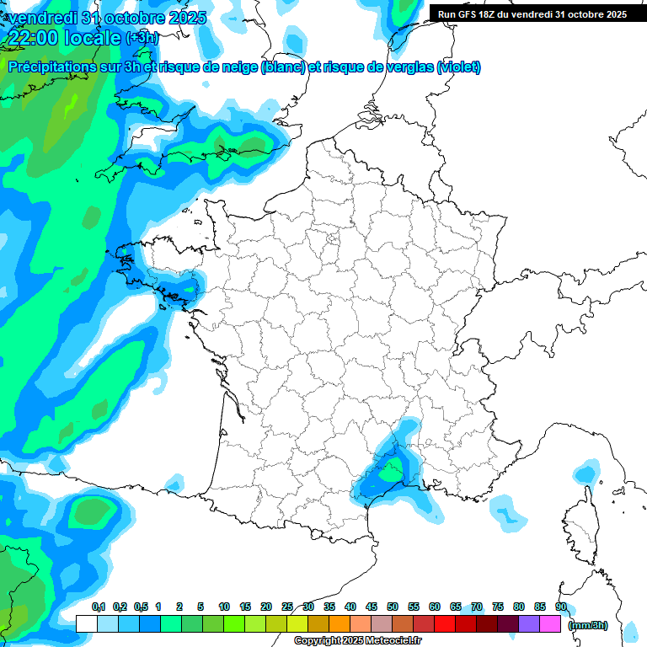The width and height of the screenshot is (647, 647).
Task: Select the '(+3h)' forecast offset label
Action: pyautogui.click(x=142, y=38)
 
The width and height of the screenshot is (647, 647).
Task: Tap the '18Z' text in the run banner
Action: pyautogui.click(x=495, y=14)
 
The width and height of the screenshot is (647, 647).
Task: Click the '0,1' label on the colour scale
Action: pyautogui.click(x=98, y=607)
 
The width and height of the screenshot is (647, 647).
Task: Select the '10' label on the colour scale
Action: pyautogui.click(x=224, y=607)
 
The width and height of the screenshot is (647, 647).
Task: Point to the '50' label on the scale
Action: pyautogui.click(x=393, y=607)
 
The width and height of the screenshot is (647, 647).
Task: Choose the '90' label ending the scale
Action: pyautogui.click(x=561, y=607)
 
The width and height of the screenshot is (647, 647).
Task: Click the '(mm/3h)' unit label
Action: pyautogui.click(x=588, y=624)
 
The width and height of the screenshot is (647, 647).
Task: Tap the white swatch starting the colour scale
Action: pyautogui.click(x=86, y=623)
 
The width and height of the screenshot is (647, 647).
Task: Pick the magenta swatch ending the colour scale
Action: pyautogui.click(x=550, y=623)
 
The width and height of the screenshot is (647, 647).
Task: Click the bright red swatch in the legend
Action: pyautogui.click(x=445, y=623)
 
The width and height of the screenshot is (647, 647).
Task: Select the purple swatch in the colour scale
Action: pyautogui.click(x=529, y=623)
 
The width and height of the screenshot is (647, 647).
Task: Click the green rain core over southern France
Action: pyautogui.click(x=389, y=473)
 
